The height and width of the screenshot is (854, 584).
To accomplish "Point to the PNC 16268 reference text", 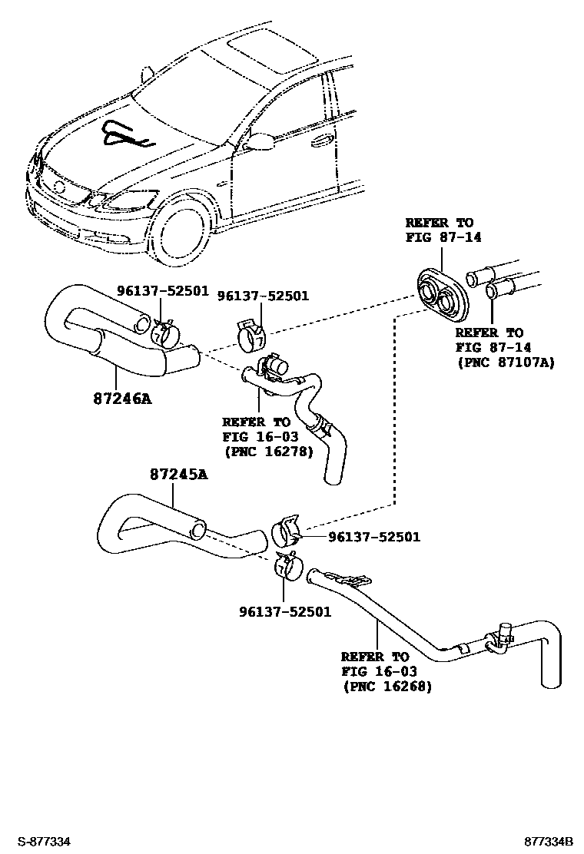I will pyautogui.click(x=387, y=686).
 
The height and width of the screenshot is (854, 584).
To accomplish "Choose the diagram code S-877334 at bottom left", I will pyautogui.click(x=45, y=842).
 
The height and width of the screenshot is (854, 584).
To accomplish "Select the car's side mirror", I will pyautogui.click(x=260, y=141).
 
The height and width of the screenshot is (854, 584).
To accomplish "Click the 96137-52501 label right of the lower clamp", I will pyautogui.click(x=373, y=537).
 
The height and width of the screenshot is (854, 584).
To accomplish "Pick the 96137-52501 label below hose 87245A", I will pyautogui.click(x=284, y=612).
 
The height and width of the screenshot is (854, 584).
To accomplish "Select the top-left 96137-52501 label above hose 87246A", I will pyautogui.click(x=162, y=290).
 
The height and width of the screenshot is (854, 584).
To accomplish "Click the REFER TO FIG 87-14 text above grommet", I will pyautogui.click(x=443, y=230).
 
